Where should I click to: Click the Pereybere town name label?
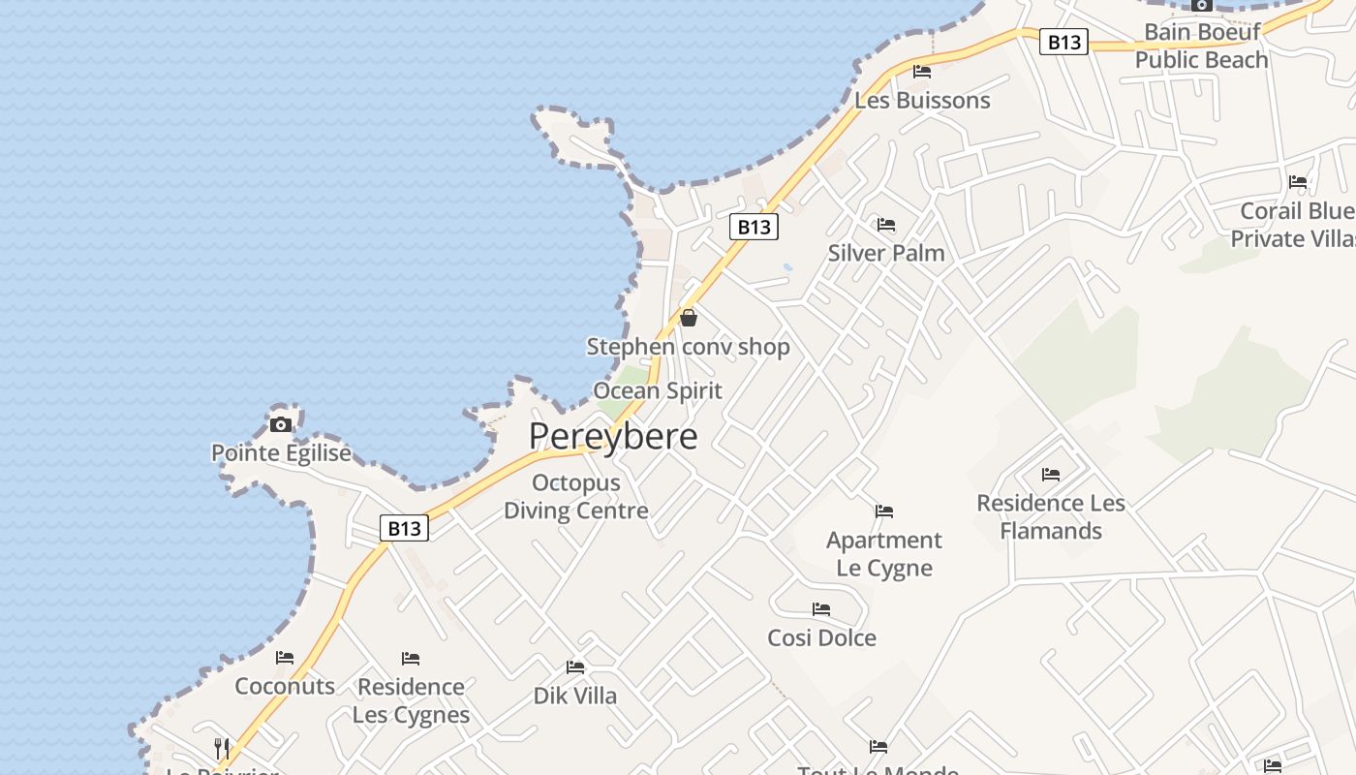coord(613,436)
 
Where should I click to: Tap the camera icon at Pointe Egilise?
coord(281,424)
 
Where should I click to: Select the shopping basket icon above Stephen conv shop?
coord(689,318)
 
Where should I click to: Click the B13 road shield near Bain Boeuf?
coord(1063,42)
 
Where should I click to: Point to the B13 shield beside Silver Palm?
coord(754,227)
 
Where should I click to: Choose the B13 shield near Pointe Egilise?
coord(404,528)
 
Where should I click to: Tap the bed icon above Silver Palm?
coord(886,225)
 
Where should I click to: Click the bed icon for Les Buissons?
coord(922,72)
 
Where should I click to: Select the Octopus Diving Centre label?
coord(576,496)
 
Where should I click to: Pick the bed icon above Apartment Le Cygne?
coord(884,511)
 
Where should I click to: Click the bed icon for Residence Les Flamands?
coord(1051,475)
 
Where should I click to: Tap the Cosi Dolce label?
coord(821,637)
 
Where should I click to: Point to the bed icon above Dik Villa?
coord(575,667)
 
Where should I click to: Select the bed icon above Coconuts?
coord(285,658)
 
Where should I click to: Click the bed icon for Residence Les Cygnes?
coord(411,659)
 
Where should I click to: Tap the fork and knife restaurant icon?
coord(222,748)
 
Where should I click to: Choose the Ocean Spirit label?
coord(658,390)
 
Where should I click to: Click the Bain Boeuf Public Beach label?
coord(1201,46)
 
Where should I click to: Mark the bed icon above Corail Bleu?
coord(1298,182)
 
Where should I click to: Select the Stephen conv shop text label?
coord(689,347)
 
